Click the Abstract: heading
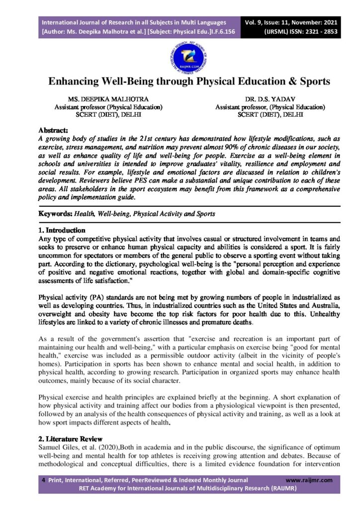pos(54,130)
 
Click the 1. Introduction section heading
pos(62,230)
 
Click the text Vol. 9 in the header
pos(256,22)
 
